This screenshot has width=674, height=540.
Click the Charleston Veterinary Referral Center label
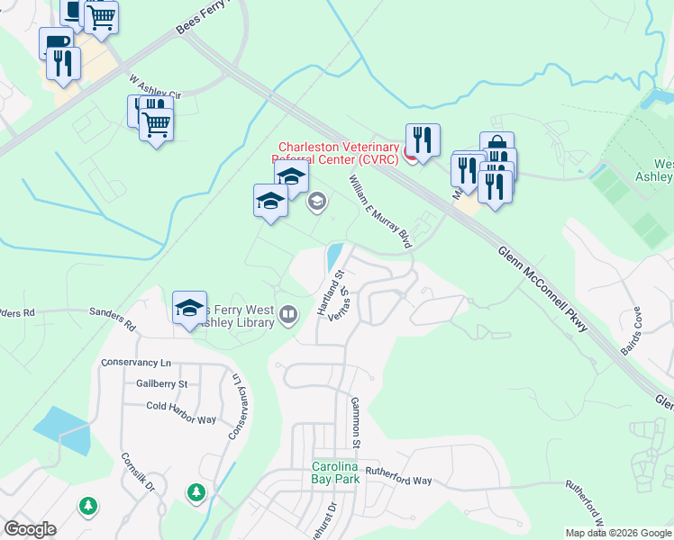pyautogui.click(x=338, y=153)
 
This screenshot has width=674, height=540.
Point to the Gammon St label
pyautogui.click(x=355, y=422)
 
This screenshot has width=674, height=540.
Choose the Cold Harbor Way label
pyautogui.click(x=181, y=407)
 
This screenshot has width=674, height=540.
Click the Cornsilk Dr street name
pyautogui.click(x=139, y=472)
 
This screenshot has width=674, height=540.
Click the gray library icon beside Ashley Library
pyautogui.click(x=288, y=314)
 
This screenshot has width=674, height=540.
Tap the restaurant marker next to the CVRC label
pyautogui.click(x=422, y=139)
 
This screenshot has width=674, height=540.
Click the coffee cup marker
pyautogui.click(x=56, y=42)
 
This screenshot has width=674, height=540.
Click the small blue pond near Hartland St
pyautogui.click(x=332, y=256)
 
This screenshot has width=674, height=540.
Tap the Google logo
pyautogui.click(x=30, y=529)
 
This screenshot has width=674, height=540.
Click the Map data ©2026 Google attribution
pyautogui.click(x=618, y=533)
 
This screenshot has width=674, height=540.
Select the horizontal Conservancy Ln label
pyautogui.click(x=136, y=363)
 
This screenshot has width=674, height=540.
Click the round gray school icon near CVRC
pyautogui.click(x=316, y=201)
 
